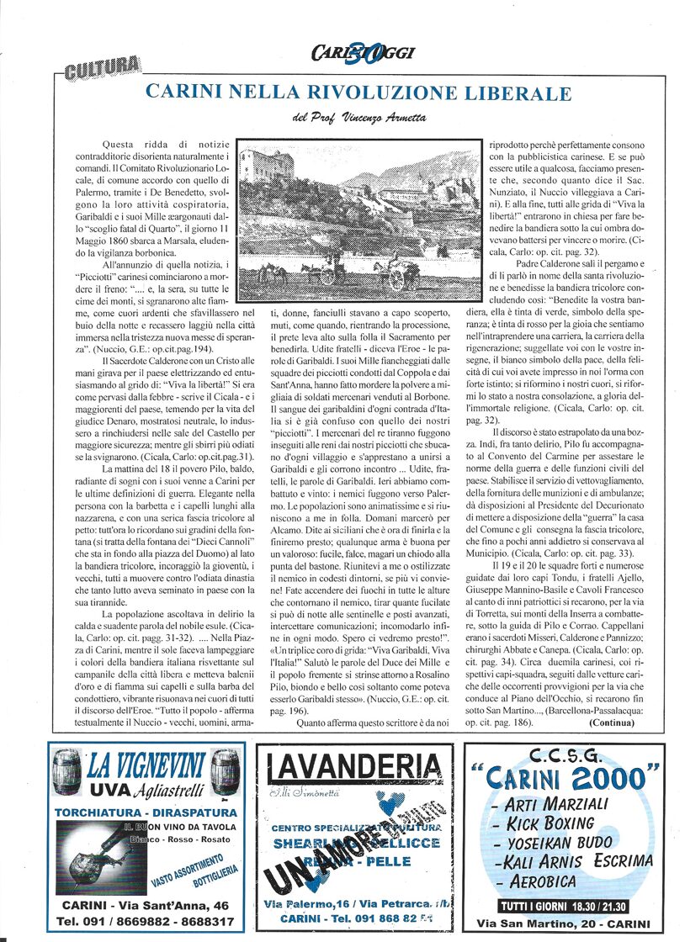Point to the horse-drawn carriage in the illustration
(395, 276)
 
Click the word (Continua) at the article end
(613, 722)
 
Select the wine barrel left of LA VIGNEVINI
(68, 769)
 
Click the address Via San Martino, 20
(564, 923)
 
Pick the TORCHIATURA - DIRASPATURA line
(146, 812)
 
